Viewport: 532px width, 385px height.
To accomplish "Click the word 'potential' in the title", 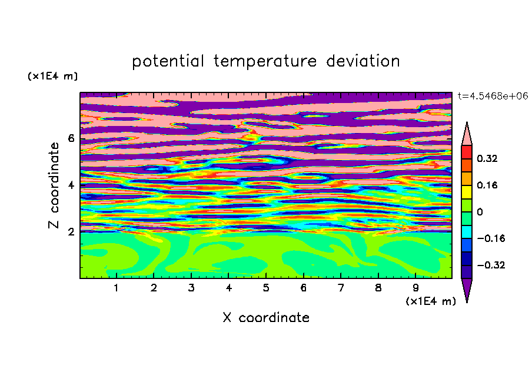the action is click(x=168, y=62).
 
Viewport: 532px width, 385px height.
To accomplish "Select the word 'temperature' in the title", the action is click(x=265, y=62).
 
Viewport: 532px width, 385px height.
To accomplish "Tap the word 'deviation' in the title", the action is click(x=363, y=61).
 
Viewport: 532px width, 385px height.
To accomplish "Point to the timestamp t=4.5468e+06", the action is click(x=493, y=96).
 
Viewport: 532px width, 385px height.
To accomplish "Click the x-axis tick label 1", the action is click(x=117, y=288).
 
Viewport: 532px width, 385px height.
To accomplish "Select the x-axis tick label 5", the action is click(x=266, y=288).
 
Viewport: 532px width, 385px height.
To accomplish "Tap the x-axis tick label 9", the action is click(x=415, y=288).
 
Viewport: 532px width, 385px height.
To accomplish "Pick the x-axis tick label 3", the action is click(x=191, y=288).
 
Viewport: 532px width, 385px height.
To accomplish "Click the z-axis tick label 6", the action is click(x=71, y=138).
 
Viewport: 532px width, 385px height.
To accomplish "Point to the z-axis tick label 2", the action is click(x=71, y=231).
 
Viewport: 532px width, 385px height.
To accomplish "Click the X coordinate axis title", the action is click(x=266, y=317).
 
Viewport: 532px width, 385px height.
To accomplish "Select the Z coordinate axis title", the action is click(x=54, y=185).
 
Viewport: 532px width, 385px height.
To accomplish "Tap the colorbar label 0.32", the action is click(x=487, y=158).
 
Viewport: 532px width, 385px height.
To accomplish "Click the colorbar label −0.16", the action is click(x=491, y=238).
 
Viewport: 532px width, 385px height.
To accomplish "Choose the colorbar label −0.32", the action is click(x=491, y=265).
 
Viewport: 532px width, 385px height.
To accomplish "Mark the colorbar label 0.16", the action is click(x=487, y=185).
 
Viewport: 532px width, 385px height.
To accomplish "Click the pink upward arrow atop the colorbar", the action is click(x=467, y=135).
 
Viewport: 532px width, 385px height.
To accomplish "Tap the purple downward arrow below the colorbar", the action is click(x=467, y=288).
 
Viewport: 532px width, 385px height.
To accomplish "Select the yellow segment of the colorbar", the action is click(x=467, y=192).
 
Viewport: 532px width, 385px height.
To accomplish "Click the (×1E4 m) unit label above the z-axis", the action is click(x=52, y=76).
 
